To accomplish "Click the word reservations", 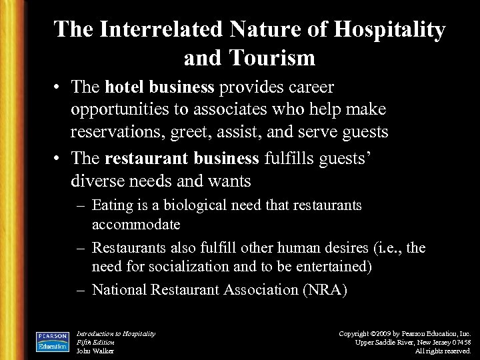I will [127, 132].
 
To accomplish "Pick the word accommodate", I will [136, 225].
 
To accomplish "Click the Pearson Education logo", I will [52, 340].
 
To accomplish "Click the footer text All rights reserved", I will [443, 351].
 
